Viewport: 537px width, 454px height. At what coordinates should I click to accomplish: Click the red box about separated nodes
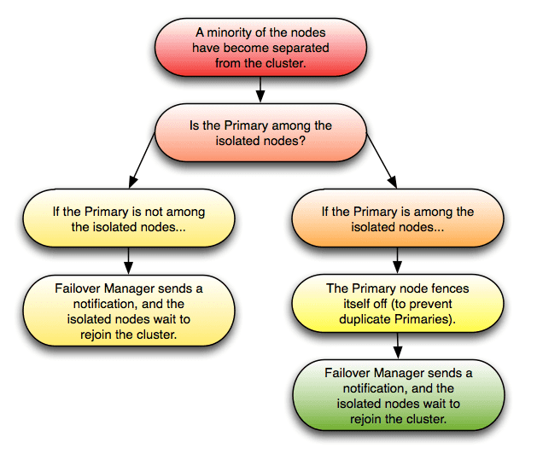pyautogui.click(x=260, y=47)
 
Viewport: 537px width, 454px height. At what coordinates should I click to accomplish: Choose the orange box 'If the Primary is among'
pyautogui.click(x=396, y=218)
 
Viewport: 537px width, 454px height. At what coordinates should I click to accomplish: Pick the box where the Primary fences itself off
pyautogui.click(x=396, y=303)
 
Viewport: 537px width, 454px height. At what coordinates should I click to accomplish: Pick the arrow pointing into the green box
pyautogui.click(x=396, y=345)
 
